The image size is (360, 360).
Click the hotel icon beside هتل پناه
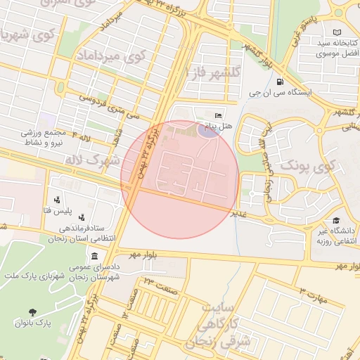point(218,115)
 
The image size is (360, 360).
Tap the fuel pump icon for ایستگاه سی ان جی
point(281,80)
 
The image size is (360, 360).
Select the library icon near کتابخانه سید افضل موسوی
point(337,32)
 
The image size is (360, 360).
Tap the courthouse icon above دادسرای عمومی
point(94,262)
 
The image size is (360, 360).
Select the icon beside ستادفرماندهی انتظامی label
point(82,217)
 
